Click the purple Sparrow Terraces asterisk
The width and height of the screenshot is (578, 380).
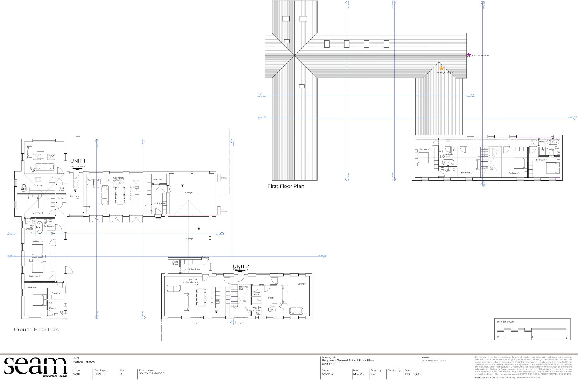(468, 55)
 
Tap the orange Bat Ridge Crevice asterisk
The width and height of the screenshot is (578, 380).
(442, 68)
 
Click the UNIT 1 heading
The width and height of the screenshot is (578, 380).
(78, 161)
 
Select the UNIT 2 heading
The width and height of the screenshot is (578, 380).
(241, 266)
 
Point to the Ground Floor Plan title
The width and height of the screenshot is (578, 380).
(36, 330)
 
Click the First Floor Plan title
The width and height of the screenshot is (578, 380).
(286, 186)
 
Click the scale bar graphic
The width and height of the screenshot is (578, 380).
(532, 330)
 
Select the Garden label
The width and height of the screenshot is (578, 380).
(76, 137)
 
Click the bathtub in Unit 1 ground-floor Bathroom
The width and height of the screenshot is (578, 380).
(40, 227)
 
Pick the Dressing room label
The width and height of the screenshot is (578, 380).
(56, 293)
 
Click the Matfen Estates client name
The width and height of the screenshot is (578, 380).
(84, 362)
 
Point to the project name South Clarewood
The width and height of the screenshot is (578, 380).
(152, 373)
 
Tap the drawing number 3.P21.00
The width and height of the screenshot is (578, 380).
(99, 374)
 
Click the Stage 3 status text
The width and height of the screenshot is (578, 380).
(327, 374)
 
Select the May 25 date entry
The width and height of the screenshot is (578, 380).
(358, 374)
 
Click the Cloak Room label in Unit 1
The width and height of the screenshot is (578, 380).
(61, 189)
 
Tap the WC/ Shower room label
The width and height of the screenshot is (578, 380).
(256, 309)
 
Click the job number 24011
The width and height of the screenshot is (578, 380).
(76, 374)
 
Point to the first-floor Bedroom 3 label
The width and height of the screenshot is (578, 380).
(514, 173)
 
